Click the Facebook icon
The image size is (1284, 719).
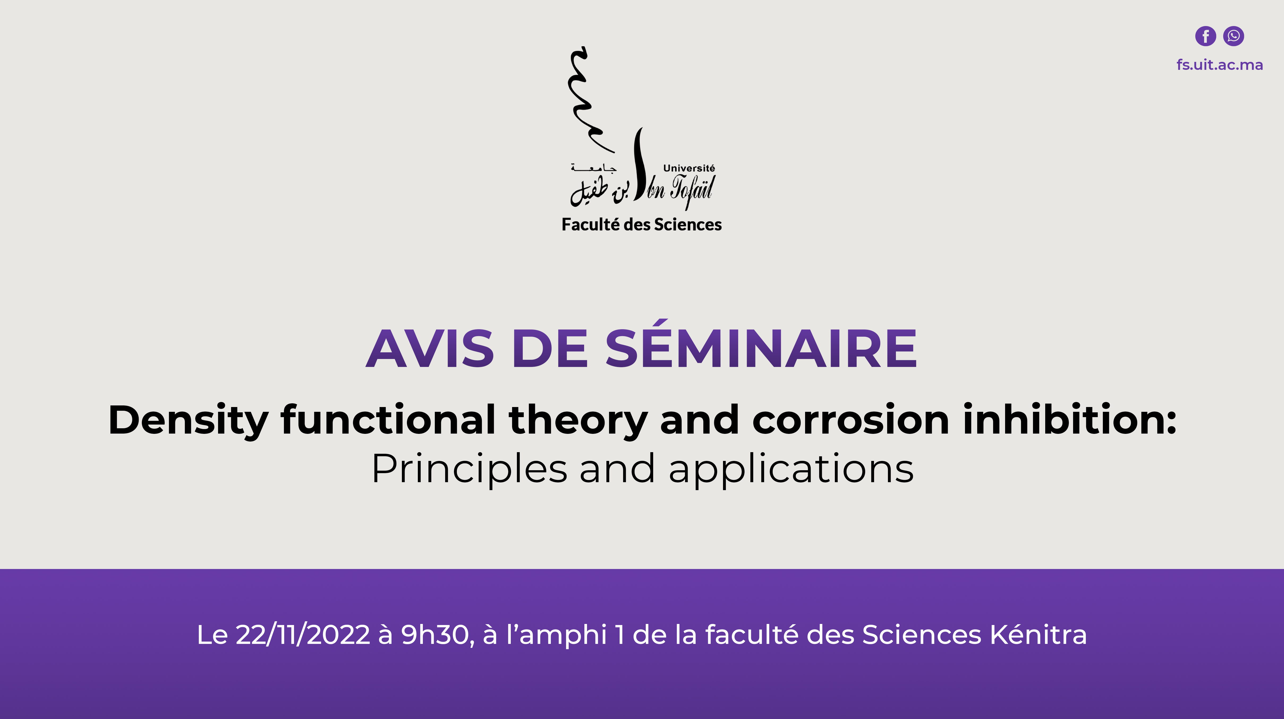[1205, 36]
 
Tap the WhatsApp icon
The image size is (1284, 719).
[1234, 36]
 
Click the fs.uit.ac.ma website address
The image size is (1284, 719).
[1220, 65]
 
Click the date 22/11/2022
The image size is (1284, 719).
[303, 635]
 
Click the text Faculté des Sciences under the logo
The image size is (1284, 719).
[641, 225]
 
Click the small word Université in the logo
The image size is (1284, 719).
[689, 168]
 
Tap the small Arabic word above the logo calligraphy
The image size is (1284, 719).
[594, 168]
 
